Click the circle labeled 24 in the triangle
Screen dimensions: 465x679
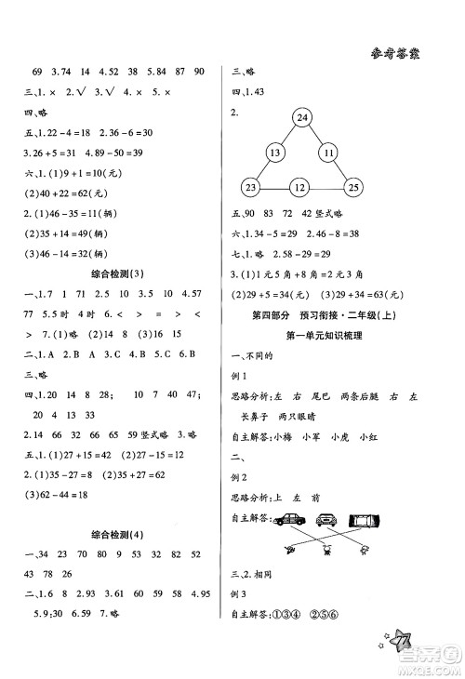302,118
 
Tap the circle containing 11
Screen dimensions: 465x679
328,153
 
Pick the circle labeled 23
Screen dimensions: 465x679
250,189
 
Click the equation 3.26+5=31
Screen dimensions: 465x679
49,153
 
